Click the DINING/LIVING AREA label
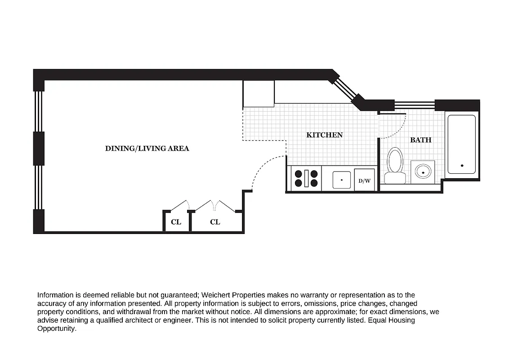[x=147, y=148]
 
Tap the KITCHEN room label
[x=324, y=135]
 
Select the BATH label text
[x=420, y=140]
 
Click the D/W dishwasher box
[x=364, y=181]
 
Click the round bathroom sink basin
[x=423, y=171]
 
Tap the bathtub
[x=461, y=144]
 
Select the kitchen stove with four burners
[x=306, y=178]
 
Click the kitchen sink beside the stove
[x=342, y=180]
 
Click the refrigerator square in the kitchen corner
[x=259, y=94]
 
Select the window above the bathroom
[x=414, y=105]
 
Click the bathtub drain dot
[x=462, y=166]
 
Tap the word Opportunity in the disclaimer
[x=57, y=329]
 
